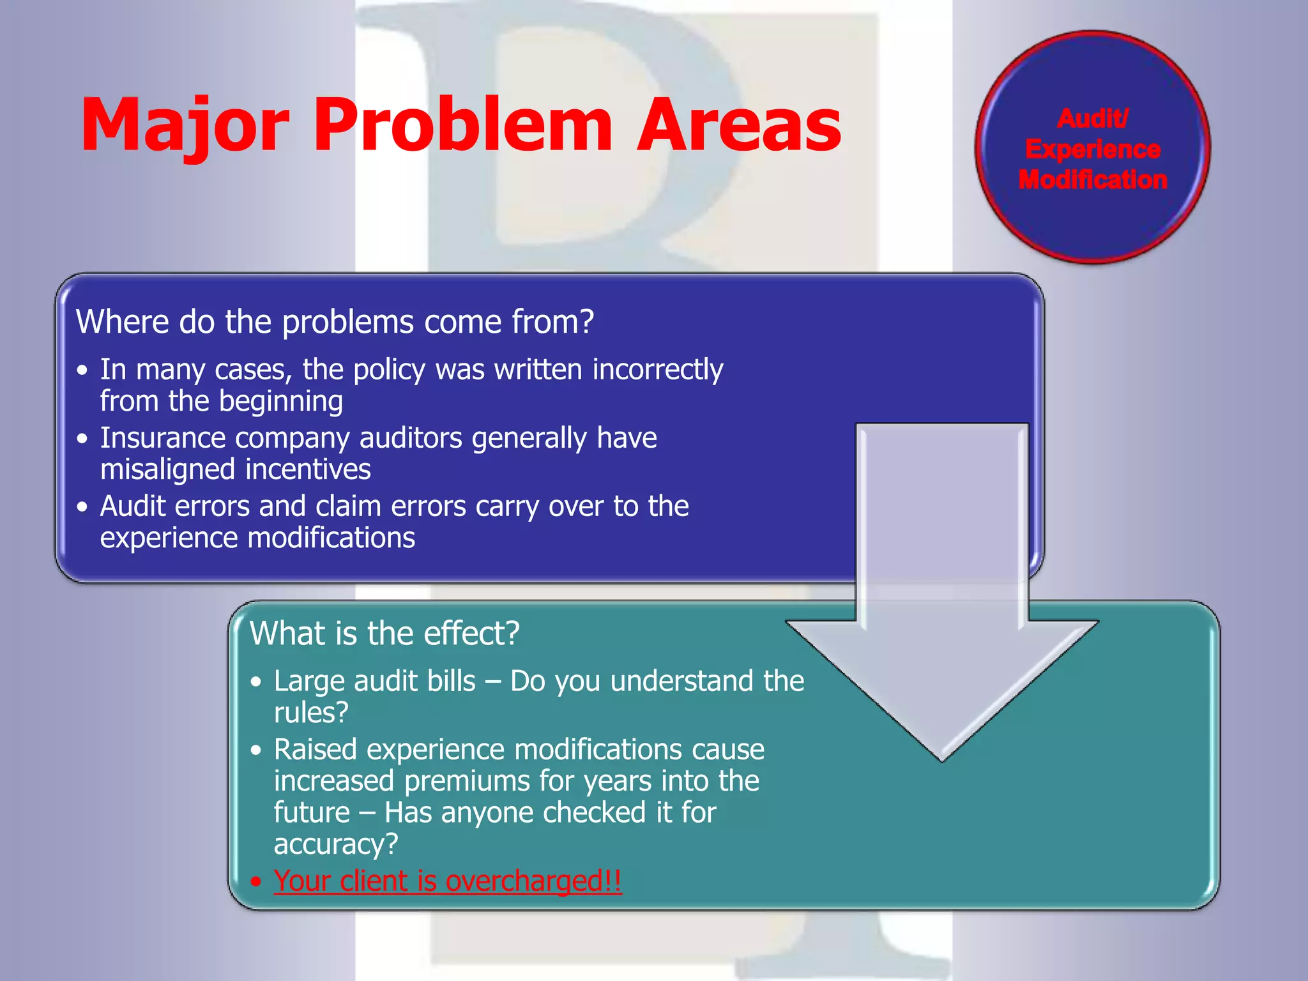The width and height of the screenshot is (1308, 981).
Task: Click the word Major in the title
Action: click(x=185, y=125)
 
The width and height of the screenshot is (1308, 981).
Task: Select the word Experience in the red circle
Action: click(x=1093, y=149)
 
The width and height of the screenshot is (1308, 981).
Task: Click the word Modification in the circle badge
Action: click(x=1093, y=180)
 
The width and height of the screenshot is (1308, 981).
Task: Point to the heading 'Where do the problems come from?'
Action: click(x=335, y=321)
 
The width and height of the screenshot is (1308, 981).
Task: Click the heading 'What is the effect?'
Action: click(x=384, y=634)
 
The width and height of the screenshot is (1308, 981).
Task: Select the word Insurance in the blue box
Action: click(x=163, y=438)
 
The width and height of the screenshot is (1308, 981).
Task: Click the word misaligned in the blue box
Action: click(x=167, y=469)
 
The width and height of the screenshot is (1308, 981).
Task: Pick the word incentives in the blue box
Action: click(x=308, y=469)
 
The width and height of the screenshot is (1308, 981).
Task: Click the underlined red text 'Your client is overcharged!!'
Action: click(x=448, y=881)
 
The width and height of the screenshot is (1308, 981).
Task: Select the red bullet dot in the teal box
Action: click(x=256, y=882)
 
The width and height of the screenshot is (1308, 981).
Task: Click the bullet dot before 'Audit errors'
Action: click(x=82, y=507)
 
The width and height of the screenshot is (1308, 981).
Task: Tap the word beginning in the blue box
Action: click(x=281, y=402)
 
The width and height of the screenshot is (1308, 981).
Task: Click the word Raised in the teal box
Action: click(x=315, y=750)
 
